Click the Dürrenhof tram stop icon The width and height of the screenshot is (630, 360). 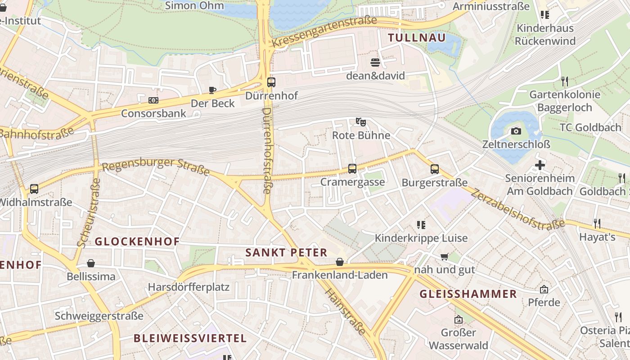pos(271,82)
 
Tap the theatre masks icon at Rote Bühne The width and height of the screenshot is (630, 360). pos(360,121)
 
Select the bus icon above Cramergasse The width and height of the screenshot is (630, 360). pos(352,169)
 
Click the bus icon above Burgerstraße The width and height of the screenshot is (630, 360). pos(434,169)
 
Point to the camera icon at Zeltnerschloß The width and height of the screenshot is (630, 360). pos(516,131)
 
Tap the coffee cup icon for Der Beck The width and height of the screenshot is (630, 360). pos(212,90)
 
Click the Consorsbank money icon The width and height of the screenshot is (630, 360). pos(153,100)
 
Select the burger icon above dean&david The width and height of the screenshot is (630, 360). pos(375,62)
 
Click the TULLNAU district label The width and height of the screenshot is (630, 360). pos(417,38)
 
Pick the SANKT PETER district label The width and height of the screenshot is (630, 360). pos(286,252)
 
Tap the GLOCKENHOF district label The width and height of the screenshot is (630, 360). pos(137,242)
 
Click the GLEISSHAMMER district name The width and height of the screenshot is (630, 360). pos(468,294)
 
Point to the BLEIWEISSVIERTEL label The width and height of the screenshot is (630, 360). pos(190,338)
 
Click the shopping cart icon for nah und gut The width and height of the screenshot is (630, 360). pos(445,256)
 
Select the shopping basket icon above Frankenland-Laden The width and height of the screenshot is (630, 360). pos(340,262)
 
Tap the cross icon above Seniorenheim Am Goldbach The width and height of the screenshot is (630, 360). pos(540,165)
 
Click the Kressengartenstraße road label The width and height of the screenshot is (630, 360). pos(324,31)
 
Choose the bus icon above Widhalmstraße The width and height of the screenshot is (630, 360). pos(34,189)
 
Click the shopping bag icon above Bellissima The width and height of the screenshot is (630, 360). pos(91,263)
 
